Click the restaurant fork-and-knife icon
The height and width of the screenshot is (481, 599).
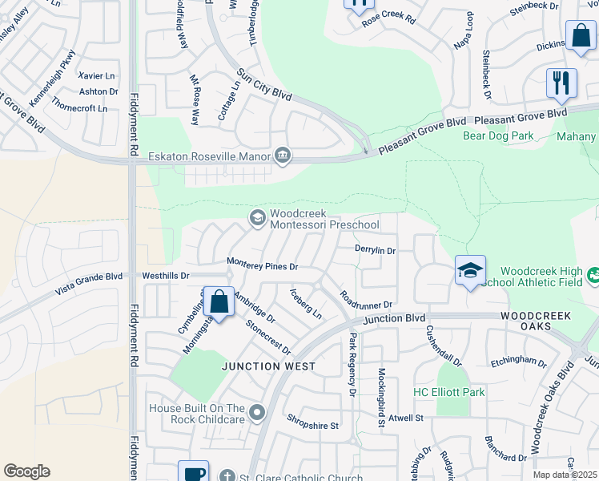point(561,83)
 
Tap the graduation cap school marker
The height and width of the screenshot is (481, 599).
point(470,270)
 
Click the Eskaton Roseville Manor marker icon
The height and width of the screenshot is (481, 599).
point(282,156)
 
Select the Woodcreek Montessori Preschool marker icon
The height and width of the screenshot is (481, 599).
point(257,217)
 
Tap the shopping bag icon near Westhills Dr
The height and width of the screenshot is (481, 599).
point(219,302)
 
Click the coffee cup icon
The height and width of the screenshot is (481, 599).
point(193,473)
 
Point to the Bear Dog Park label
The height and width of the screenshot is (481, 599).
point(498,135)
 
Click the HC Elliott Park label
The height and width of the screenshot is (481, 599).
point(449,392)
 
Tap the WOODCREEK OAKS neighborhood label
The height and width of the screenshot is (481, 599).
point(536,316)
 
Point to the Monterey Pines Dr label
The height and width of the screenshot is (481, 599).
point(262,264)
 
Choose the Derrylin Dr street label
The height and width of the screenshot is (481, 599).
point(375,250)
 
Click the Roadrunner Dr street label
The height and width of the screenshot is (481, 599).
point(365,301)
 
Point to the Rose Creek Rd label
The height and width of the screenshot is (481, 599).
point(388,18)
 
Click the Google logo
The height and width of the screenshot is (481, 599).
point(26,471)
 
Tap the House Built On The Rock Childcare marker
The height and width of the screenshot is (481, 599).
point(257,413)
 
